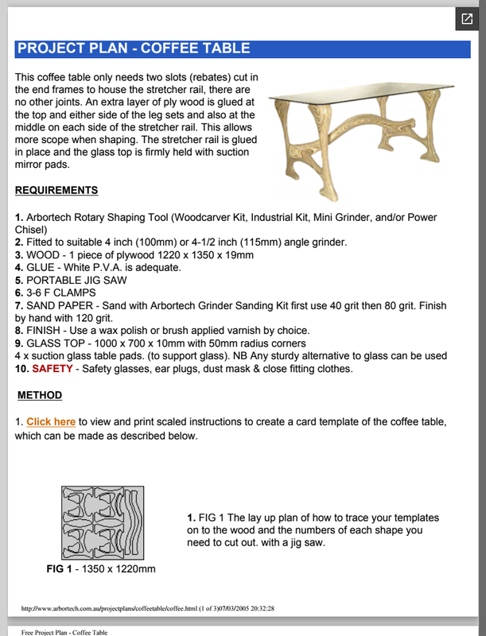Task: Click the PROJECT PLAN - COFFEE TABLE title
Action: click(134, 48)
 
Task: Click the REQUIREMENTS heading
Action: click(56, 191)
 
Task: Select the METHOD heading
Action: click(40, 395)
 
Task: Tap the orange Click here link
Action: click(51, 421)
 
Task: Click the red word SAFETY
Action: click(52, 369)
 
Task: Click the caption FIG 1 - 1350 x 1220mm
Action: click(101, 569)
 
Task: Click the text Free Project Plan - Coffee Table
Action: click(64, 632)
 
